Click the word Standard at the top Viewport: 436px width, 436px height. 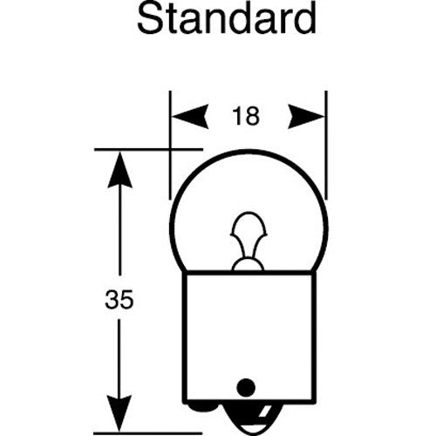tap(227, 19)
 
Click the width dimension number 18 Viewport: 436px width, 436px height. tap(246, 116)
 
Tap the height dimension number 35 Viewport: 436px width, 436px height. tap(119, 299)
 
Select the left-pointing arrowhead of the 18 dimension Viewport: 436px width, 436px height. tap(190, 116)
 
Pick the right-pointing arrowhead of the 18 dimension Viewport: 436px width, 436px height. tap(306, 116)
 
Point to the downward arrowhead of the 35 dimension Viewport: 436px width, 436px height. tap(119, 413)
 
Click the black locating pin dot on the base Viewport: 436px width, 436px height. tap(246, 388)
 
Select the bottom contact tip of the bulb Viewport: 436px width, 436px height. tap(249, 421)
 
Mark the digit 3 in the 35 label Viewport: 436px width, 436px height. tap(112, 299)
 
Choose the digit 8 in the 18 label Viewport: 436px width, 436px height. tap(252, 116)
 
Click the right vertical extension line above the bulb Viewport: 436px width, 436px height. tap(326, 146)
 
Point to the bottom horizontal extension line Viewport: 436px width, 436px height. tap(148, 433)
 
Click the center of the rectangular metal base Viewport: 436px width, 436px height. tap(249, 337)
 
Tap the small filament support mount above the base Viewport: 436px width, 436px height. tap(248, 265)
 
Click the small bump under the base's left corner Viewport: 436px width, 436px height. tap(202, 408)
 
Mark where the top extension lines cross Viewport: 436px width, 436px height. tap(170, 150)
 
